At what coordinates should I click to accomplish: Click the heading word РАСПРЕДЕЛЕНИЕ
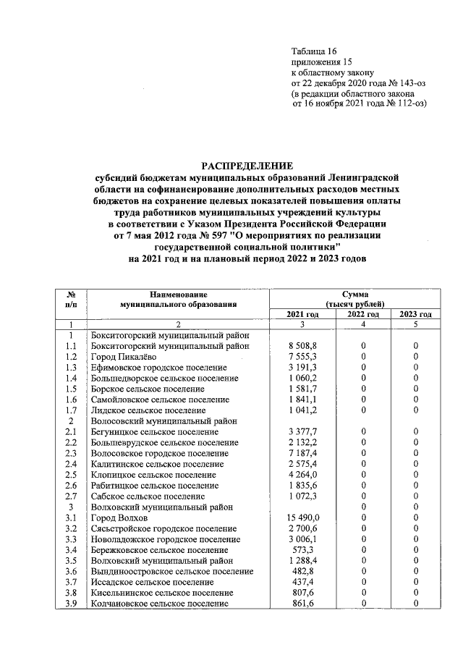tap(247, 165)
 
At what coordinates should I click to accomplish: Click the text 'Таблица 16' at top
tap(314, 51)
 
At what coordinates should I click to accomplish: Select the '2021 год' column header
tap(302, 314)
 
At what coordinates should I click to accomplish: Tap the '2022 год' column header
tap(364, 314)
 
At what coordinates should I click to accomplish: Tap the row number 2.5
tap(71, 475)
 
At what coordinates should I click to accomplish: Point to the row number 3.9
tap(71, 603)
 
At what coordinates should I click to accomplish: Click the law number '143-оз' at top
tap(410, 83)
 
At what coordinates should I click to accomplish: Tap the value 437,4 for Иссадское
tap(313, 582)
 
